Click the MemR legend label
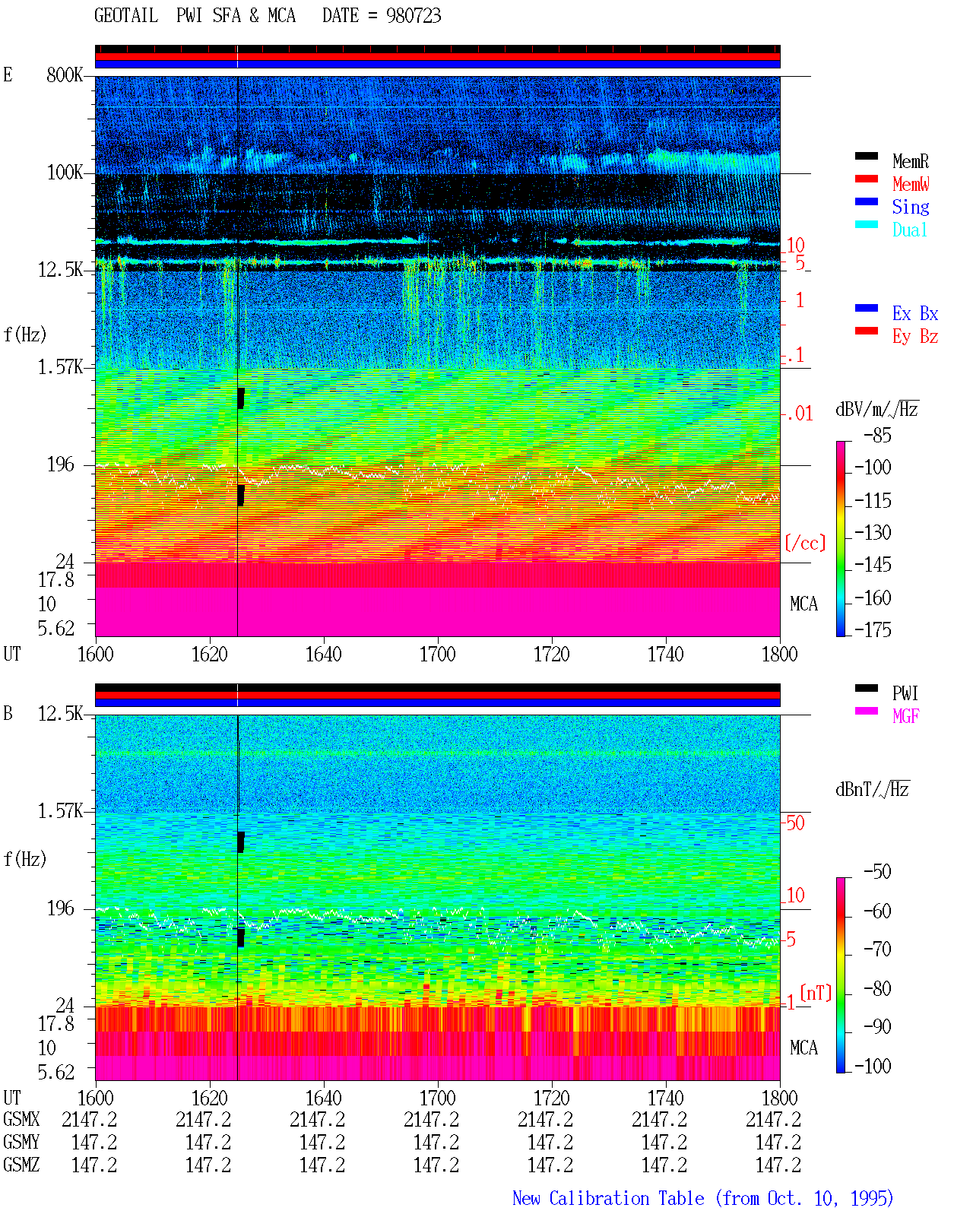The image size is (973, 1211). click(x=910, y=161)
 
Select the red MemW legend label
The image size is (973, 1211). click(x=910, y=184)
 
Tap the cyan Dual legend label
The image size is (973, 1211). click(x=909, y=230)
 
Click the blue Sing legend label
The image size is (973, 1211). click(x=910, y=207)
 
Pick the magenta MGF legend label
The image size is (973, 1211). click(x=905, y=716)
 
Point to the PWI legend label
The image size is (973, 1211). click(x=905, y=693)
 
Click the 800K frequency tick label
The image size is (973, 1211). click(x=65, y=74)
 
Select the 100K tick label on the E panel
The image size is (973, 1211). click(x=65, y=173)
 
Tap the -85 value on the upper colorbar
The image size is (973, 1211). click(x=876, y=435)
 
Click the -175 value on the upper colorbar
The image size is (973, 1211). click(x=873, y=629)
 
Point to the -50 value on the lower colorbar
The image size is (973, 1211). click(x=876, y=872)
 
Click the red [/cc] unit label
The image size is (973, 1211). click(x=805, y=543)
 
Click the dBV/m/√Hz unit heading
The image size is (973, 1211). click(x=876, y=409)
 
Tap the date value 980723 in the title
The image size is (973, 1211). click(x=414, y=16)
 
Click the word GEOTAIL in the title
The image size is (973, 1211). click(x=126, y=15)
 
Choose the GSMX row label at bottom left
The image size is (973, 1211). click(x=21, y=1119)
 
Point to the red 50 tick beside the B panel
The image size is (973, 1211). click(x=795, y=823)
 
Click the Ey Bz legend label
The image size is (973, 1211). click(x=915, y=337)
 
